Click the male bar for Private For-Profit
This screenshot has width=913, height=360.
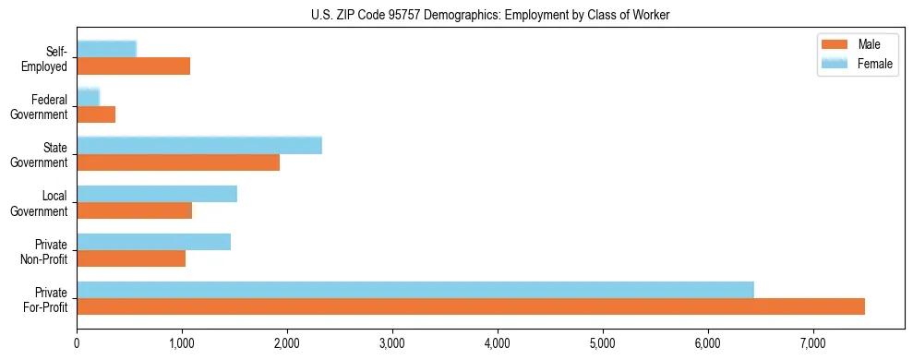point(471,306)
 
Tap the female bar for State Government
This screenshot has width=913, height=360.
point(199,145)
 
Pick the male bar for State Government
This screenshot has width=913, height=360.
point(178,162)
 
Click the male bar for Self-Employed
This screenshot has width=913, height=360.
point(133,66)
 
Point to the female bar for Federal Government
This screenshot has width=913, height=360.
point(88,97)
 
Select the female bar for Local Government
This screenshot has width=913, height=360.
point(157,194)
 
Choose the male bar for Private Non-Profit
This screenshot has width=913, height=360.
point(131,258)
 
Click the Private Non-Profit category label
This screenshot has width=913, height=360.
point(45,250)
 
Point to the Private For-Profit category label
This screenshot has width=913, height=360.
point(45,299)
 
